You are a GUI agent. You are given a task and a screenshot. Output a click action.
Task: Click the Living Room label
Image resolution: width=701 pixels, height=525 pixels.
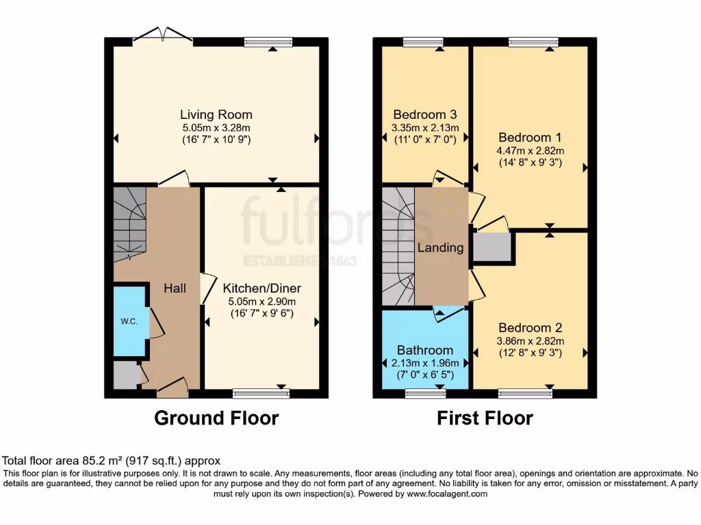216,115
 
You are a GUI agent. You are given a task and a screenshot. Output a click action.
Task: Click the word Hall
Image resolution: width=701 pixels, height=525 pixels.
175,288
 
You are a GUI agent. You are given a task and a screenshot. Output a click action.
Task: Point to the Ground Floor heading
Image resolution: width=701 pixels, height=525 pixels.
216,418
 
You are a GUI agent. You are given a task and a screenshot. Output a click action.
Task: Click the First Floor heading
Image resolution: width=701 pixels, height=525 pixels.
485,418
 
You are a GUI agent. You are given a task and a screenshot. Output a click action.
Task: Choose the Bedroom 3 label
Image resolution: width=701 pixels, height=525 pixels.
424,115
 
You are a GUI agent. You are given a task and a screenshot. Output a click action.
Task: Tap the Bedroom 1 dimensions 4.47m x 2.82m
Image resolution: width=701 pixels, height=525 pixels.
531,151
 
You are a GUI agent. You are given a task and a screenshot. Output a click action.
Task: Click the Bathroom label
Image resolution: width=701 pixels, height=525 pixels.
424,350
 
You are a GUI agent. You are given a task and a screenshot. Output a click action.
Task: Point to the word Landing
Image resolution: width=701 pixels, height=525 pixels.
440,247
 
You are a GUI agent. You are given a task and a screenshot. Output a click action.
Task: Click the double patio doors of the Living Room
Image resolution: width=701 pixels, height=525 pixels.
163,36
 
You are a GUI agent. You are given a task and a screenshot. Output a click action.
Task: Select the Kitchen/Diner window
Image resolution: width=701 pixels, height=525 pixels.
261,393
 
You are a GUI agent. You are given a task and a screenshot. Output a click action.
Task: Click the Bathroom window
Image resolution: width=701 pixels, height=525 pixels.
424,393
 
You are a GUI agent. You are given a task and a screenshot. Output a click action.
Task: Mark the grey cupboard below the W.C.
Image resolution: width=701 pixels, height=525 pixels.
125,375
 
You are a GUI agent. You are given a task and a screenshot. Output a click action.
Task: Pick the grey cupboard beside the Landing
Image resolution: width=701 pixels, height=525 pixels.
492,247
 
